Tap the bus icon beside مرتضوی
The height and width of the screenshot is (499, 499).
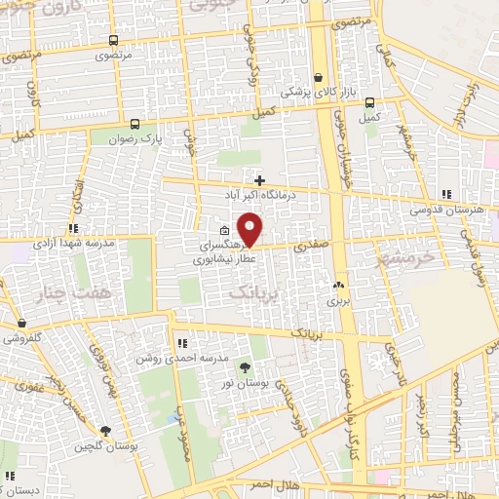click(114, 41)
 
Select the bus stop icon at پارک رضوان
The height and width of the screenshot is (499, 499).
click(134, 124)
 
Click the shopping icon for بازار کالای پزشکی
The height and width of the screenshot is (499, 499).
click(319, 78)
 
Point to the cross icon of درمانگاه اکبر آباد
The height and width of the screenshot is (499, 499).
click(259, 180)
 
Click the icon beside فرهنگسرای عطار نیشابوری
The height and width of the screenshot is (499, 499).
click(211, 231)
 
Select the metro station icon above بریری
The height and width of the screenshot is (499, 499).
click(338, 286)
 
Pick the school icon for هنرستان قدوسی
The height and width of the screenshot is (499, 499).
click(446, 195)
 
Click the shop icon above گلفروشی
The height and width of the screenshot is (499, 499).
click(21, 324)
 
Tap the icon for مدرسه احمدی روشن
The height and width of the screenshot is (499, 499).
click(182, 343)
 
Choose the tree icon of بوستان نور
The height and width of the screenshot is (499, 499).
click(245, 367)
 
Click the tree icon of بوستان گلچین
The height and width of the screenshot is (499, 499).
click(105, 432)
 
